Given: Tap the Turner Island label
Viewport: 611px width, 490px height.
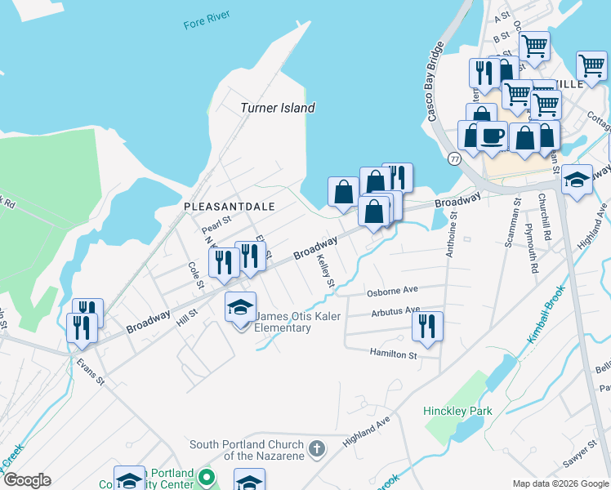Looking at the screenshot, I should point(277,108).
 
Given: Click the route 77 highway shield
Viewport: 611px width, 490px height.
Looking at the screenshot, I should point(453,157).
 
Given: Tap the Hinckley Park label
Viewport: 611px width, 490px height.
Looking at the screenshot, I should point(457,411).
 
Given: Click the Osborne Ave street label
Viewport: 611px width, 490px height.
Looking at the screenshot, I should point(392,290).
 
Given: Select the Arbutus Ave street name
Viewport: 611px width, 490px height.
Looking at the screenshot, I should point(395,310).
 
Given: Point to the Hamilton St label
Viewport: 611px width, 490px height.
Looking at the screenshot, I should point(393,355).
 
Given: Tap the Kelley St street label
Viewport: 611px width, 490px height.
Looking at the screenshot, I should point(326,271).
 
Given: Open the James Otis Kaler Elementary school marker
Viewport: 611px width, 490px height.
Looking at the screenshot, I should point(240,308).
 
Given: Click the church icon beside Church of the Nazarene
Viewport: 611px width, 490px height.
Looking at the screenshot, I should point(317,448).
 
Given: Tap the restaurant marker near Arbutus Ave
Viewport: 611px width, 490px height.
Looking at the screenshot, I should point(427,326).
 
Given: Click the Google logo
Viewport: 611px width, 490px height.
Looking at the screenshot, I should point(26,480).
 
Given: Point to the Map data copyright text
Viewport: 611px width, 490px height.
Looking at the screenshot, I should point(560,483).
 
